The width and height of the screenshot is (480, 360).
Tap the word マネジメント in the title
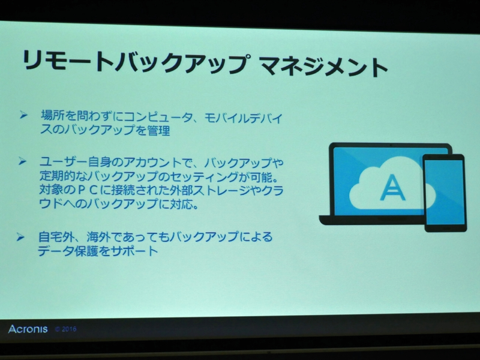[x=325, y=65]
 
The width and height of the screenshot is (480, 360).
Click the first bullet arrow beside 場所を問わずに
[x=23, y=113]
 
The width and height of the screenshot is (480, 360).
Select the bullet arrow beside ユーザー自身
[x=23, y=161]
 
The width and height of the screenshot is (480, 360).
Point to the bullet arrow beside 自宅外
[x=21, y=236]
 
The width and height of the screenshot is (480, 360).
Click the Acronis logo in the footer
[x=28, y=329]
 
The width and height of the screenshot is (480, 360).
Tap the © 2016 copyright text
[x=65, y=329]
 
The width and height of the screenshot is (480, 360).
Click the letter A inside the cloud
[x=392, y=188]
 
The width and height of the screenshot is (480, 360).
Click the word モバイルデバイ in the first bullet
[x=242, y=117]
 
